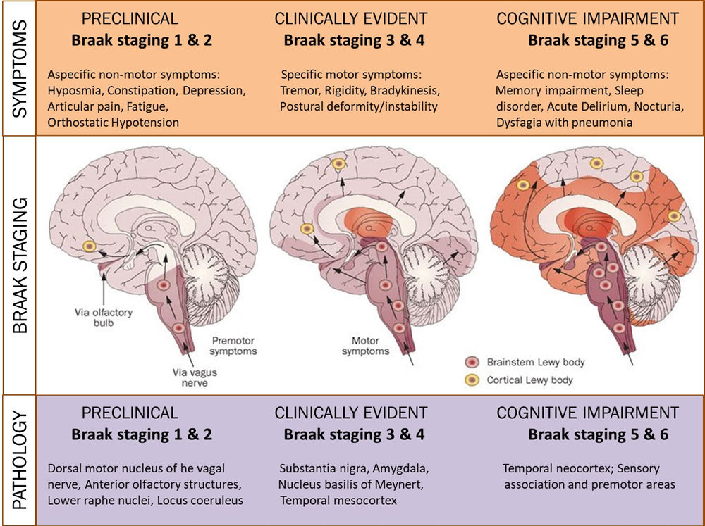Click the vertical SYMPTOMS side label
tap(20, 68)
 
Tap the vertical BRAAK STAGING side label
tap(20, 265)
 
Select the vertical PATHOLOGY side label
tap(20, 460)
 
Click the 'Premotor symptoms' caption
tap(233, 345)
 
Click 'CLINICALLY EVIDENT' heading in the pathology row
tap(351, 413)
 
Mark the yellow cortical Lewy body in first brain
tap(90, 246)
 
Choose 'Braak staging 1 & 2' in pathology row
tap(142, 434)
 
